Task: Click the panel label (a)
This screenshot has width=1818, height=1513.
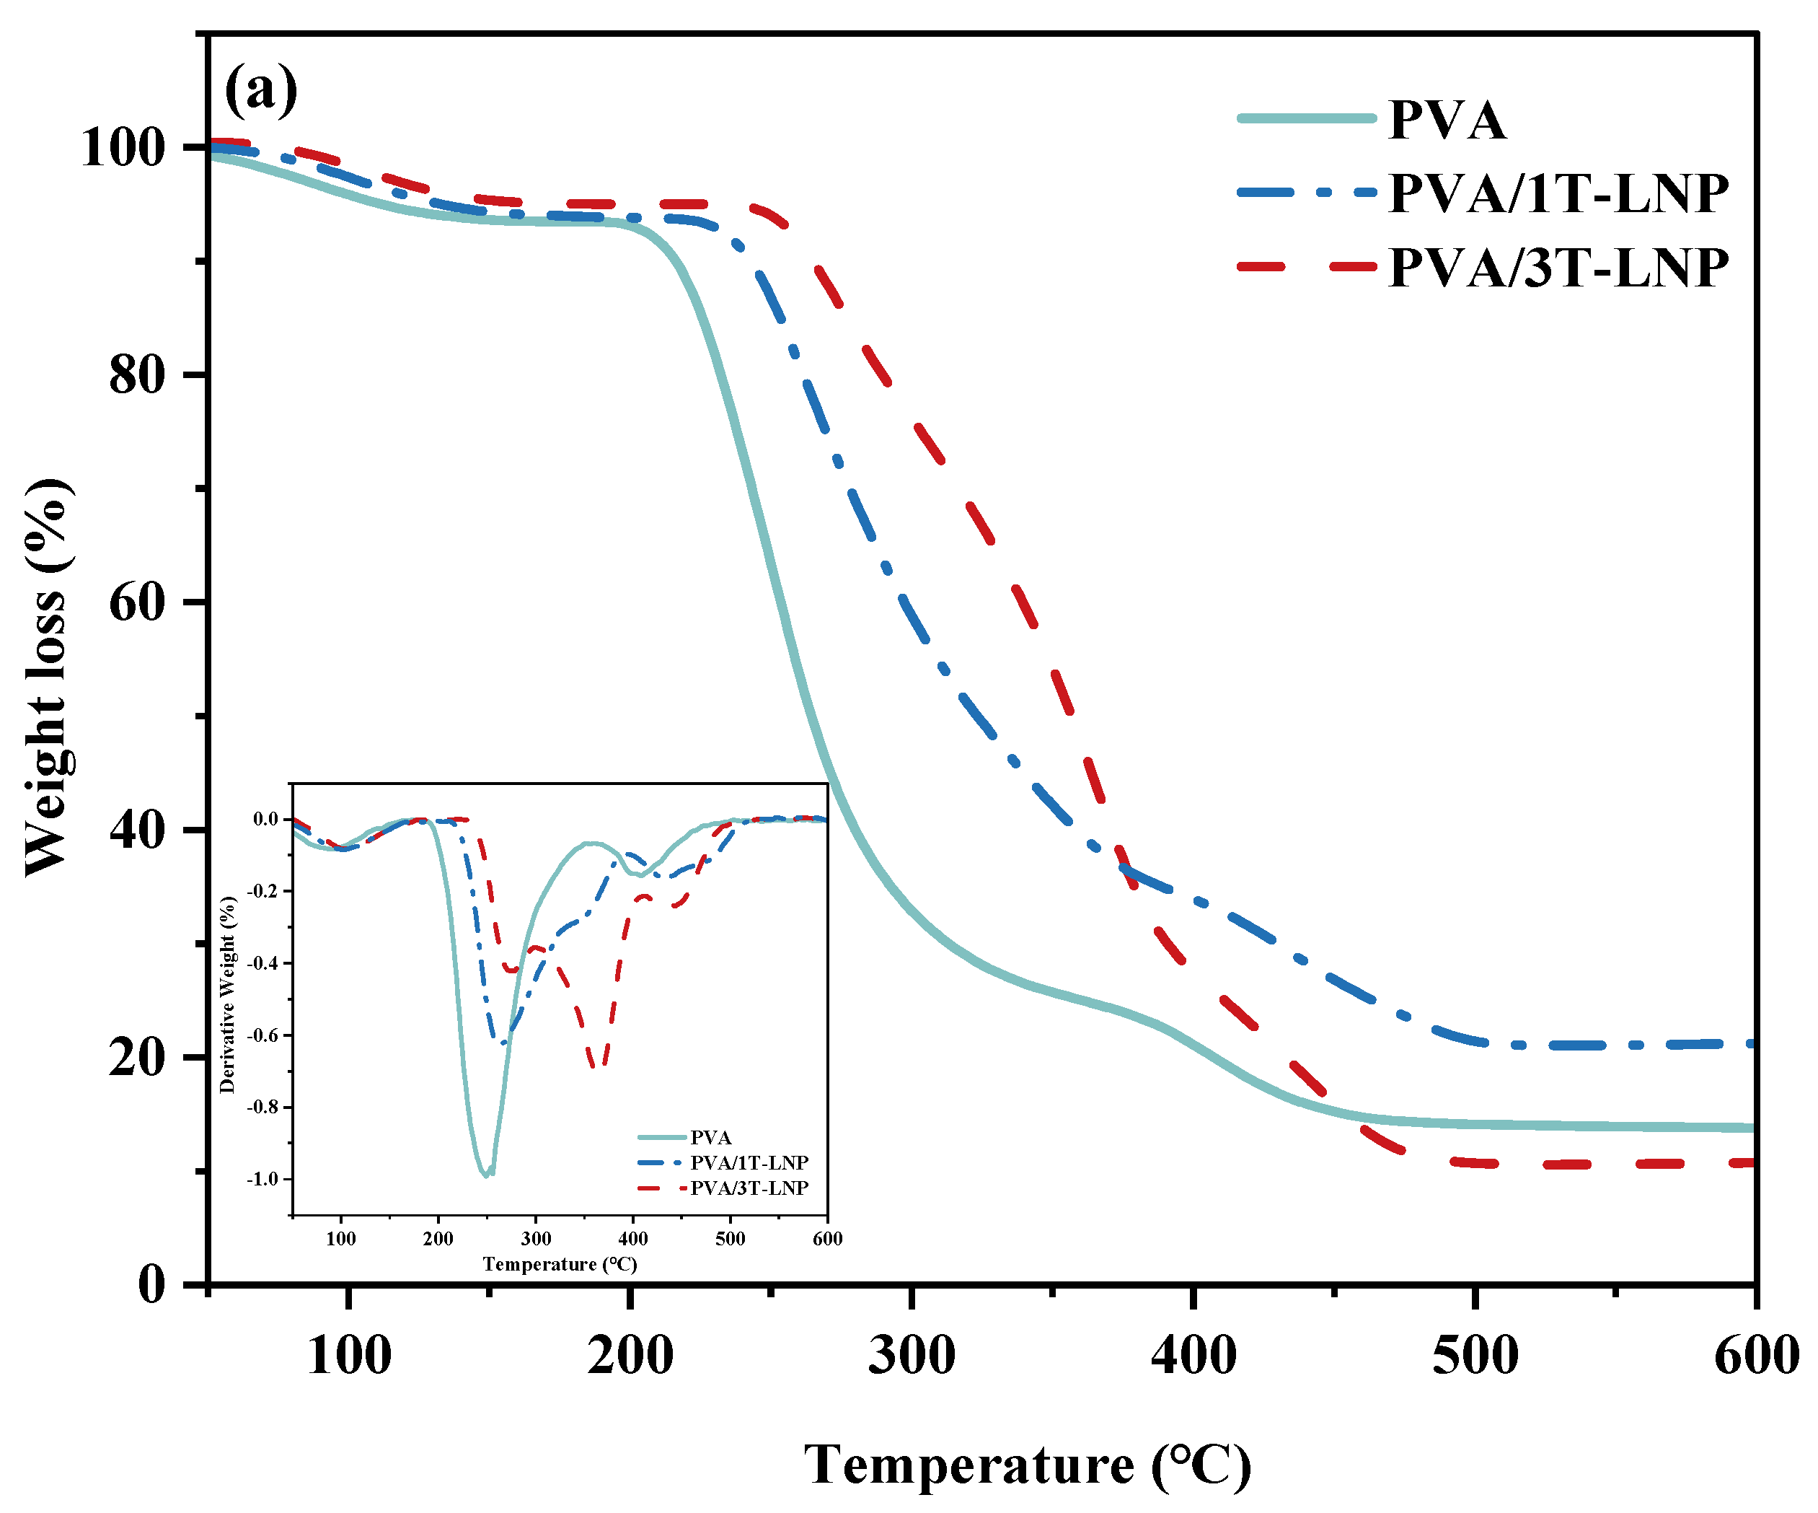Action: [260, 89]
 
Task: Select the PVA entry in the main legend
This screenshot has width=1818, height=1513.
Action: [1447, 120]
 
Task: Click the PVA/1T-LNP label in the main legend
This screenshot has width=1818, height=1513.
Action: [1558, 193]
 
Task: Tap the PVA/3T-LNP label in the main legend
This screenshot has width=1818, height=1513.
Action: [1558, 268]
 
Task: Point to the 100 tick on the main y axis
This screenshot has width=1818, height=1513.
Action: [122, 148]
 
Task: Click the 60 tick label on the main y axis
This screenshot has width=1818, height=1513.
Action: [137, 602]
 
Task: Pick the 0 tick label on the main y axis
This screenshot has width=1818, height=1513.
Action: [151, 1284]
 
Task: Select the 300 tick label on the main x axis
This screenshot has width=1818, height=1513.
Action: [912, 1356]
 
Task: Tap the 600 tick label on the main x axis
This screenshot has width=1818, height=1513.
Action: [1756, 1356]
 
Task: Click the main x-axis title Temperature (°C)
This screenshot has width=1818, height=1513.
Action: [1028, 1466]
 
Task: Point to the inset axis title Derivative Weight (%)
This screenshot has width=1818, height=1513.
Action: [228, 994]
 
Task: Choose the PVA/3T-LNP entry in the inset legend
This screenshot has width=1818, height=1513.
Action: [748, 1188]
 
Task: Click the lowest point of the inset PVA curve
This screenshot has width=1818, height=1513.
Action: [485, 1175]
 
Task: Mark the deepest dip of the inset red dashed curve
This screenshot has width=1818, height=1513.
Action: [597, 1067]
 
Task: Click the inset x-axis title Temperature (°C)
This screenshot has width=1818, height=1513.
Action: [560, 1265]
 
